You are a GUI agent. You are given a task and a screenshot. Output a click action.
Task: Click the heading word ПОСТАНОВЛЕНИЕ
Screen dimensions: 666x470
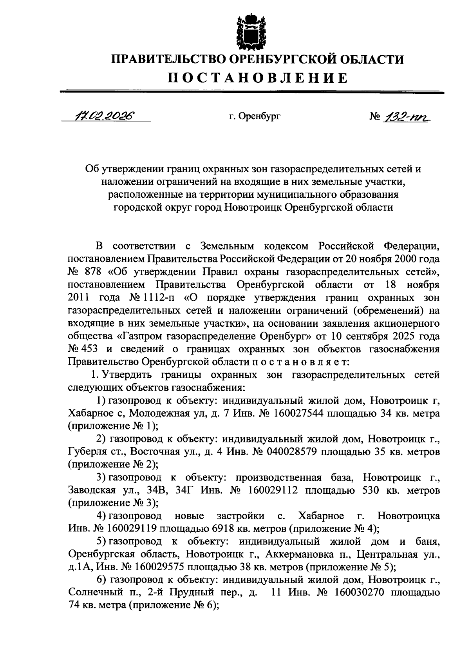(x=258, y=78)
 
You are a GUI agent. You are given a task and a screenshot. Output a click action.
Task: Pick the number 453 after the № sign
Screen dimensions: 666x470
(x=90, y=349)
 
